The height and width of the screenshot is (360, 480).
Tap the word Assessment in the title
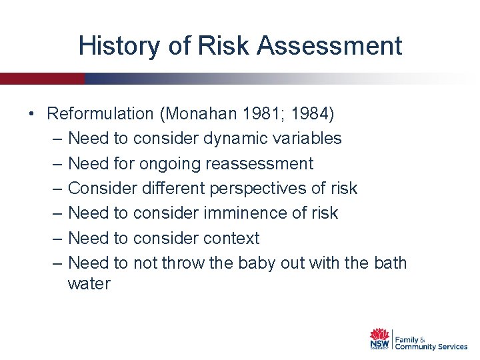(329, 46)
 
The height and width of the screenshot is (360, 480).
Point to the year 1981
(265, 114)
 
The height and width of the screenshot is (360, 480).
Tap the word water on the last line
(89, 284)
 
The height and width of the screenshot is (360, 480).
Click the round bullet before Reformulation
(32, 114)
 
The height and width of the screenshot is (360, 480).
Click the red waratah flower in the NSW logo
(380, 334)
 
